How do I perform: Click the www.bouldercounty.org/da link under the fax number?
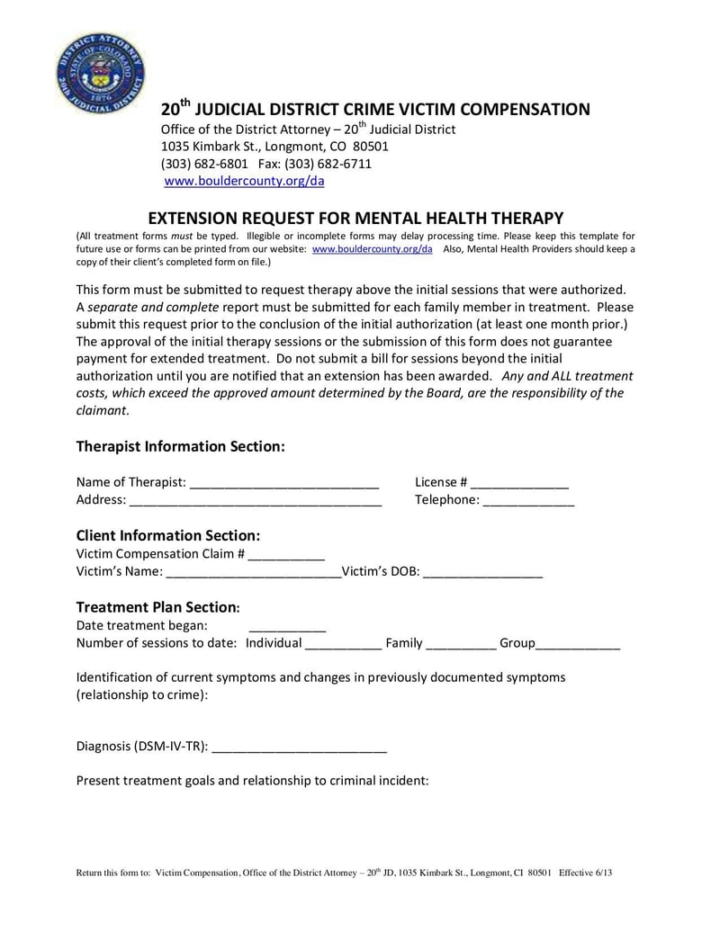point(244,181)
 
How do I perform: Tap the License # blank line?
point(519,483)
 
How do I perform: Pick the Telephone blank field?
point(528,501)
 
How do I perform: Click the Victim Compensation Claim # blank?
point(286,555)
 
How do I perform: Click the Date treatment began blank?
point(287,626)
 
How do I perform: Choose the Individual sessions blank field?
point(343,644)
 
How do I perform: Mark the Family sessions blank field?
point(460,644)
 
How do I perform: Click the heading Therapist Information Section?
point(180,446)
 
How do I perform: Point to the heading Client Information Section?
point(168,535)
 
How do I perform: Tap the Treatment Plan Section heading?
point(157,607)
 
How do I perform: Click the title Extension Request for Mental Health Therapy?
point(355,218)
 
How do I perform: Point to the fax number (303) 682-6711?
point(315,164)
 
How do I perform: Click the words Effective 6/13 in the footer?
point(587,873)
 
